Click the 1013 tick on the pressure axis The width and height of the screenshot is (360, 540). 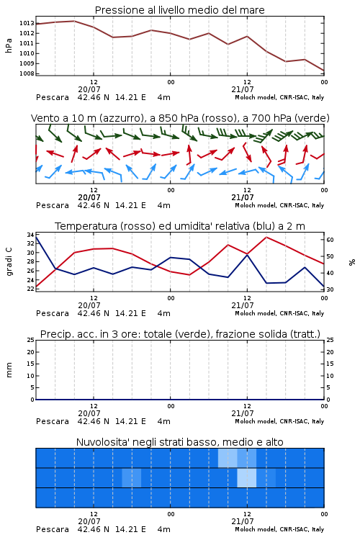click(27, 24)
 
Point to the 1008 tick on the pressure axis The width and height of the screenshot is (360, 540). click(27, 73)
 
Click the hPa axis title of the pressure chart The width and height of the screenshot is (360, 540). click(9, 46)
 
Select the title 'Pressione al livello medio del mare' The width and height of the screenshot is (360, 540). click(180, 10)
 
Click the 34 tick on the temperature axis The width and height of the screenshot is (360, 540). click(31, 235)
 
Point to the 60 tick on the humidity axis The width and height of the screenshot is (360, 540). click(330, 240)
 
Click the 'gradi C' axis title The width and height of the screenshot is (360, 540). click(9, 261)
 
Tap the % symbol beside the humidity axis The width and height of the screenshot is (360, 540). click(352, 262)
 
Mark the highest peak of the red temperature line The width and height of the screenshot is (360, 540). click(266, 237)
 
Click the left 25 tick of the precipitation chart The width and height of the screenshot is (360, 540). click(31, 340)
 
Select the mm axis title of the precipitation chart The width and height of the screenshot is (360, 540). click(9, 370)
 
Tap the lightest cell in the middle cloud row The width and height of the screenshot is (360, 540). click(247, 477)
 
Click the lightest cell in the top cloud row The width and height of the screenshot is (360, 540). click(228, 458)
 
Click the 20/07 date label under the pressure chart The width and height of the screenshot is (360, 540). click(89, 89)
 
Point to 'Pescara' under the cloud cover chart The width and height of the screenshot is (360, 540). click(53, 529)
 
